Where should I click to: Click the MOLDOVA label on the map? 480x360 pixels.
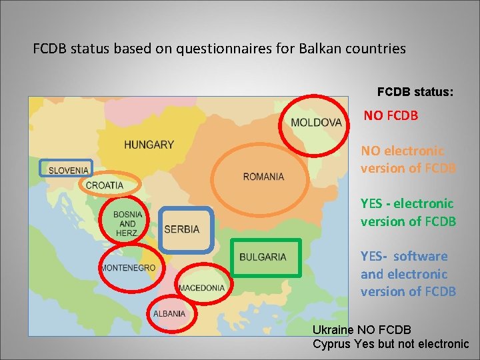316,122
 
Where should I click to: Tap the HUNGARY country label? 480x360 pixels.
149,144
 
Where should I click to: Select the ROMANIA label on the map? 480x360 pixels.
263,177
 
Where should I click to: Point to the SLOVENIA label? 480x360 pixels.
68,170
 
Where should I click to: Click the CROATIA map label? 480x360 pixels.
105,185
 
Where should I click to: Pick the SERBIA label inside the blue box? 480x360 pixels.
181,229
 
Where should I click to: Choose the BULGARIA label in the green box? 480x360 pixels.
263,257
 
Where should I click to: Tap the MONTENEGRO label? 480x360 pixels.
127,267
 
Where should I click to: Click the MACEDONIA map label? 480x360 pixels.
201,288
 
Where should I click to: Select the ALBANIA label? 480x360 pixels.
169,313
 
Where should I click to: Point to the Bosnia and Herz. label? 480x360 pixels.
127,224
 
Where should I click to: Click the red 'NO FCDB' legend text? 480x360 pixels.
391,115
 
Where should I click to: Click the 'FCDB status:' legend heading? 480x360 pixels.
415,91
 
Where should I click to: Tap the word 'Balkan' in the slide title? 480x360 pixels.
327,49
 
